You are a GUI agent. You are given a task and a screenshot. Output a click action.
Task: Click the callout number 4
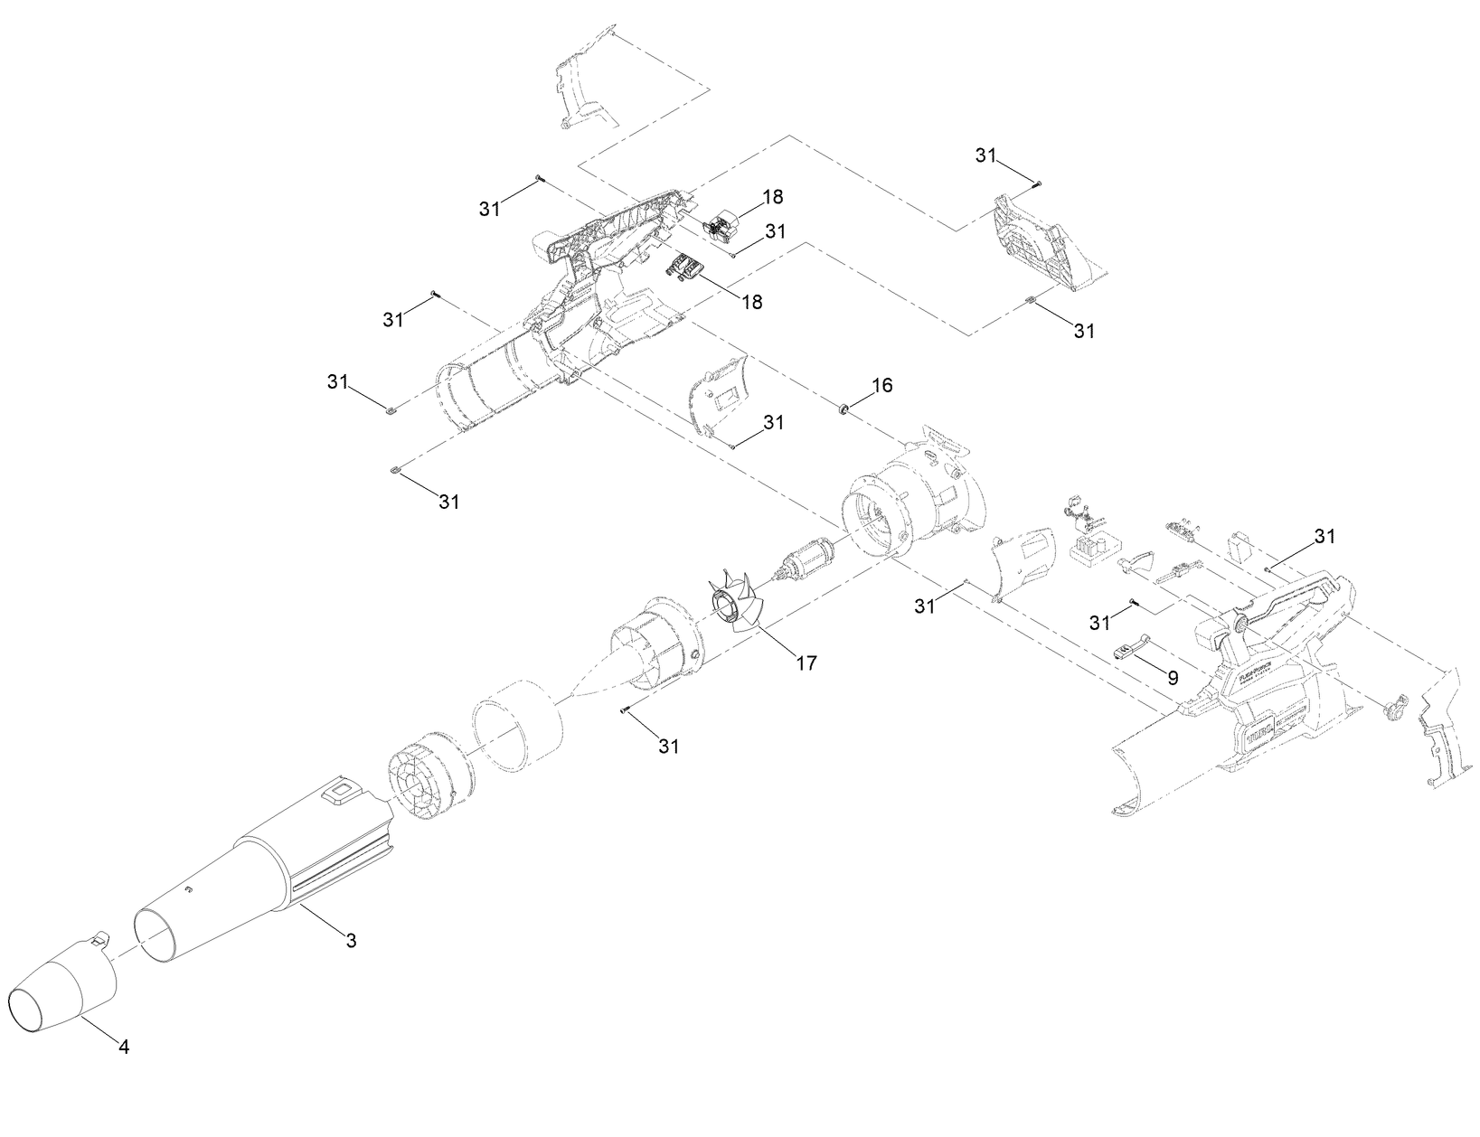point(124,1047)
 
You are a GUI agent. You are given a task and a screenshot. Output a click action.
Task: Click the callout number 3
point(351,940)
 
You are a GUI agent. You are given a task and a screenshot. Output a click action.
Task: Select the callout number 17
point(806,662)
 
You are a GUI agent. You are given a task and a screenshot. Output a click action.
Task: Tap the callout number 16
point(881,385)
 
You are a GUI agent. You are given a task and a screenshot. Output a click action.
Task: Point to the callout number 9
point(1172,676)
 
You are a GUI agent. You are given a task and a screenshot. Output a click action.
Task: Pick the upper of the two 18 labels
point(772,196)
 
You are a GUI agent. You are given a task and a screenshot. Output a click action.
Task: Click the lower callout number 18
point(751,301)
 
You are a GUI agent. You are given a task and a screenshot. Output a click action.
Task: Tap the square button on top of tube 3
point(342,793)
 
